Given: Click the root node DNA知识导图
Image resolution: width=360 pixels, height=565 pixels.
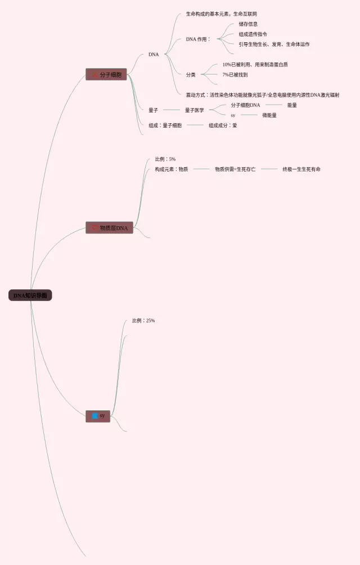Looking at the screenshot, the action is point(30,295).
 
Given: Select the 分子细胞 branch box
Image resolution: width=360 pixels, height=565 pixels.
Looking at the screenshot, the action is point(106,74).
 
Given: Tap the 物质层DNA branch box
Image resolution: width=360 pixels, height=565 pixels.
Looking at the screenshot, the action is point(110,228).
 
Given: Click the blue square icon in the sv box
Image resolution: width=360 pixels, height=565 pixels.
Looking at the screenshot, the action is point(94,416).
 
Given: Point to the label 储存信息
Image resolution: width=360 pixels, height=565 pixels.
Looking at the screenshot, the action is point(248,24).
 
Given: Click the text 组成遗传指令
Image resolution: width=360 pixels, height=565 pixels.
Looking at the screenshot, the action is point(253,34).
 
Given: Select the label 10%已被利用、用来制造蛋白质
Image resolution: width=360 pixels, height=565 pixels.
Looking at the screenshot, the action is point(255,65).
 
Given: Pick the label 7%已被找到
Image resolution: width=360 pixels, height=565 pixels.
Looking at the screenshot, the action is point(235,75).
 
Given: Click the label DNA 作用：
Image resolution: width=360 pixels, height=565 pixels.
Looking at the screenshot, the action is point(198,39).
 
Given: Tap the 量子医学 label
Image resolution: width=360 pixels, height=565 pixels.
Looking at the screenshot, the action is point(194,110).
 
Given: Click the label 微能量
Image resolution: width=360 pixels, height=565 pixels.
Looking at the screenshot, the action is point(269,115).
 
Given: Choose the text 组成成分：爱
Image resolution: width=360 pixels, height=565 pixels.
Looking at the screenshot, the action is point(223,125).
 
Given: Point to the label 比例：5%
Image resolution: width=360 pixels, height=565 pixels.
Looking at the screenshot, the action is point(165,159).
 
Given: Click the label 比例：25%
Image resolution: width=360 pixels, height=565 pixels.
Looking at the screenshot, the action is point(143,321).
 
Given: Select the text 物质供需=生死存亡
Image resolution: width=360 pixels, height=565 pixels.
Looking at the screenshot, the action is point(235,169).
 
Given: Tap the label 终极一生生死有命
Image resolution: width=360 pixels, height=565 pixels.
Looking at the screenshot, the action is point(301,169).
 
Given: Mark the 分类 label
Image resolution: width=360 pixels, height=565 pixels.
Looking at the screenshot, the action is point(191,75).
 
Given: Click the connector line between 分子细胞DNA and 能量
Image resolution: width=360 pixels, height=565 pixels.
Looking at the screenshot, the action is point(273,105).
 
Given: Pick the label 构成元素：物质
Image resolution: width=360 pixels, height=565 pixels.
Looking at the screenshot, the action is point(172,169).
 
